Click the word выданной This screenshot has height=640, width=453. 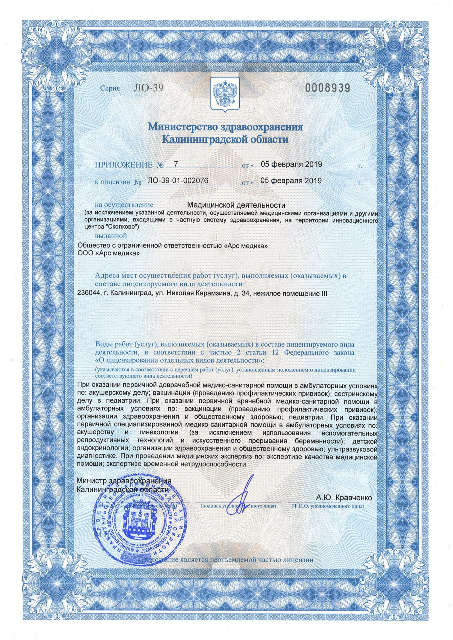coord(111,236)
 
